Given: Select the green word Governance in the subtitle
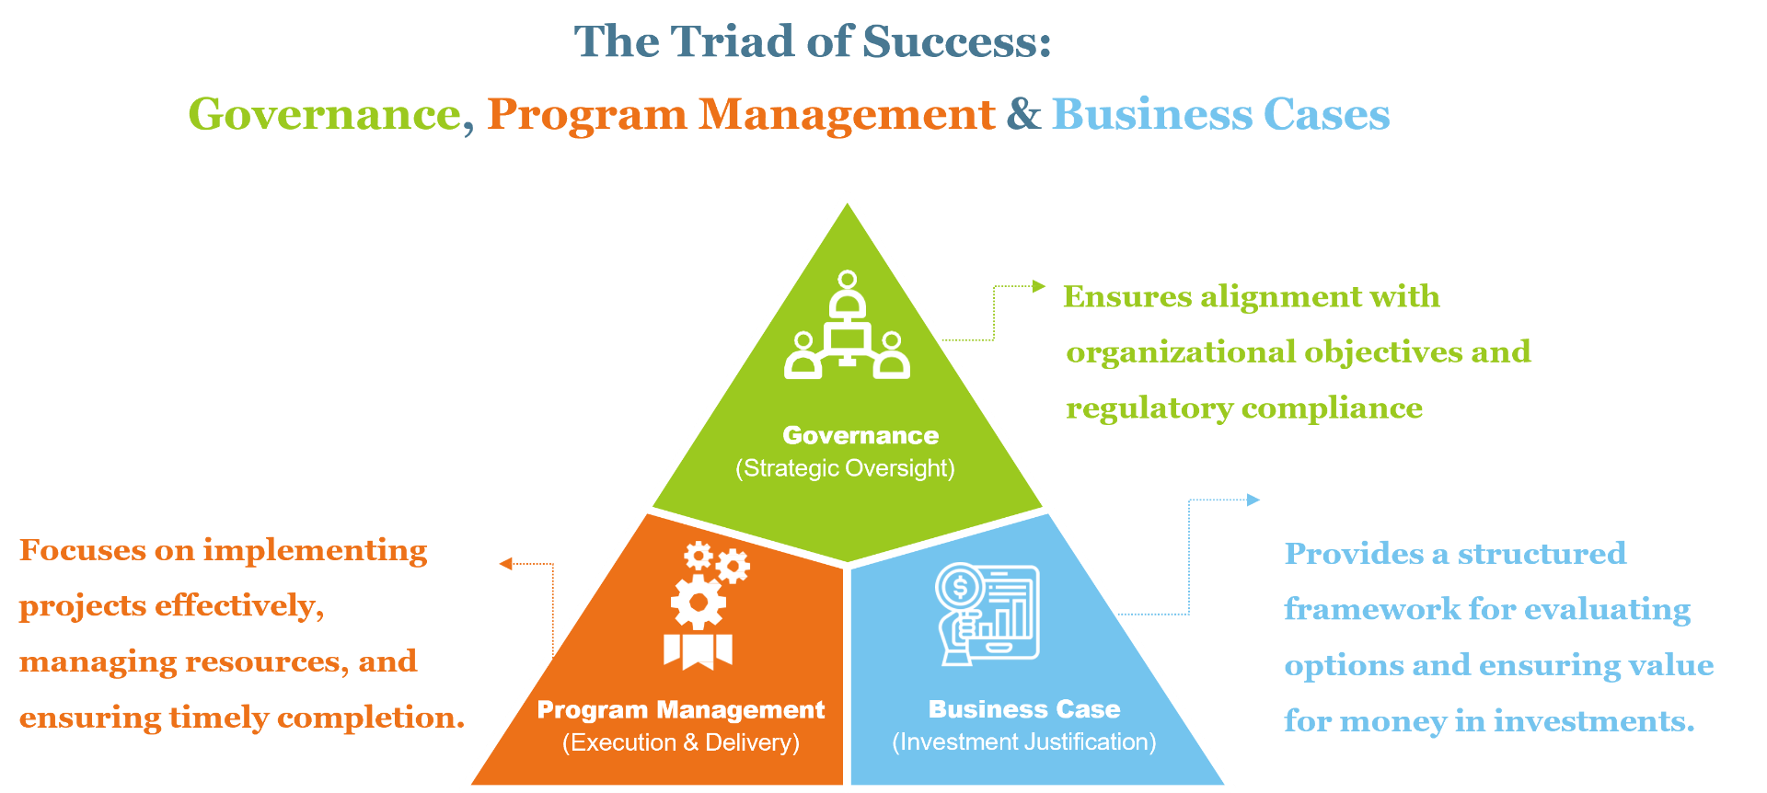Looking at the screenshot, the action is pos(324,115).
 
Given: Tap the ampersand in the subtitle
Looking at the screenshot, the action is pos(1023,114).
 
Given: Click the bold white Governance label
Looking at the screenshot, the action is pos(860,435).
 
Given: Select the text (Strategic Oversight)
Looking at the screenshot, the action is pos(845,468).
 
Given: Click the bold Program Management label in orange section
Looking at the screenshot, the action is pos(681,710).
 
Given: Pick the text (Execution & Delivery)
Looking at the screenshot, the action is pos(681,742).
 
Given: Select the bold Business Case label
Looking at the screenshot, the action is pos(1024,709).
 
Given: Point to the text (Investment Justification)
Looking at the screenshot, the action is pos(1024,741).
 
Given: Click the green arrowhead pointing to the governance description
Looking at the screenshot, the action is pos(1039,286).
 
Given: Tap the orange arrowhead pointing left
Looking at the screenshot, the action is pos(505,564).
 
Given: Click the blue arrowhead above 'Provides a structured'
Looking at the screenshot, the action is pos(1253,500).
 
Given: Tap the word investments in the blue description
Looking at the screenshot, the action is pos(1593,721).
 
